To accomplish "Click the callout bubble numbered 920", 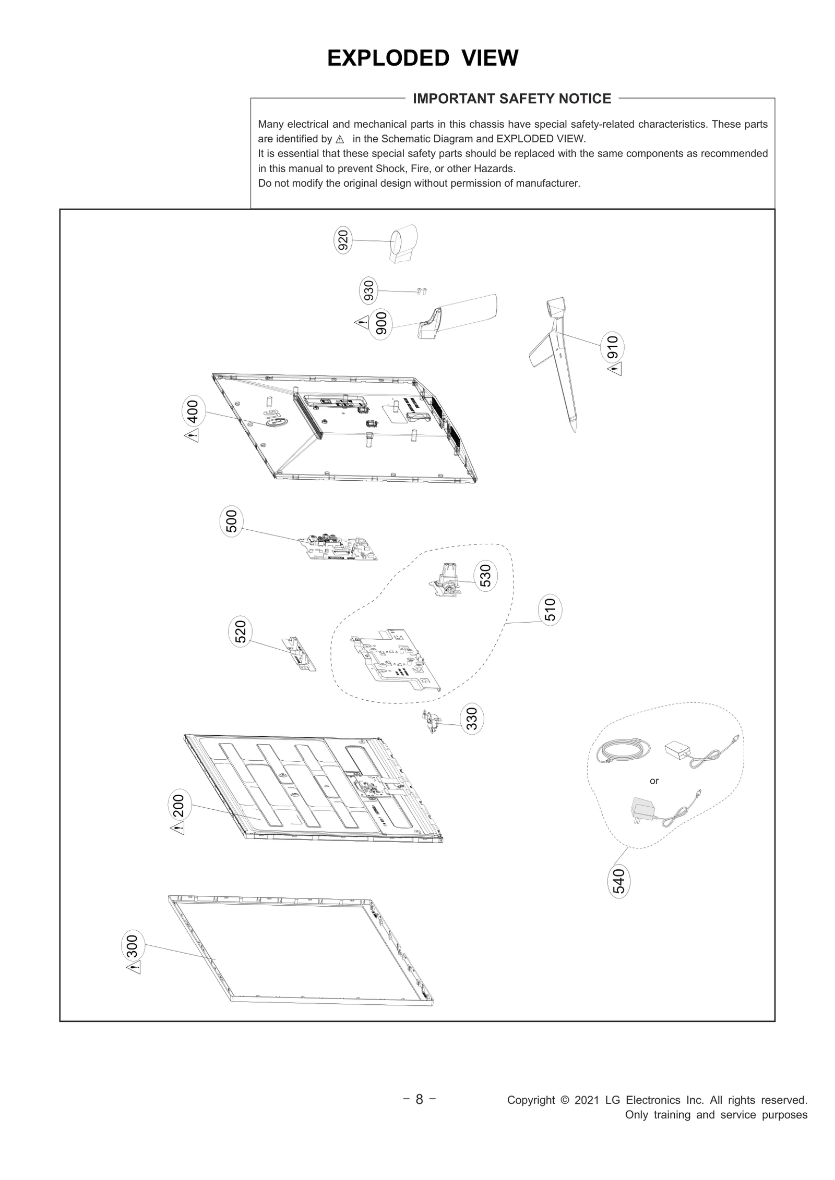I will point(343,241).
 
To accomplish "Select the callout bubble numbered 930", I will point(368,291).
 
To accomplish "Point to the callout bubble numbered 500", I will point(231,521).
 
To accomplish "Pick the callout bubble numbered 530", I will point(485,576).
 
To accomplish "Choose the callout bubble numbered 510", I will point(550,610).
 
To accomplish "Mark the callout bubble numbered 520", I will point(241,631).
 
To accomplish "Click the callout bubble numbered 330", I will point(472,719).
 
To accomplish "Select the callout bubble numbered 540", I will point(619,881).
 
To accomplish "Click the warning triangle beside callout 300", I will point(134,968).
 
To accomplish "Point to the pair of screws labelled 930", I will point(421,292).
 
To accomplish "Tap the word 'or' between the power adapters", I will point(654,781).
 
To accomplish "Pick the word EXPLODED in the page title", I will point(388,58).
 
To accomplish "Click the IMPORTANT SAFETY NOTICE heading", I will point(511,99).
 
